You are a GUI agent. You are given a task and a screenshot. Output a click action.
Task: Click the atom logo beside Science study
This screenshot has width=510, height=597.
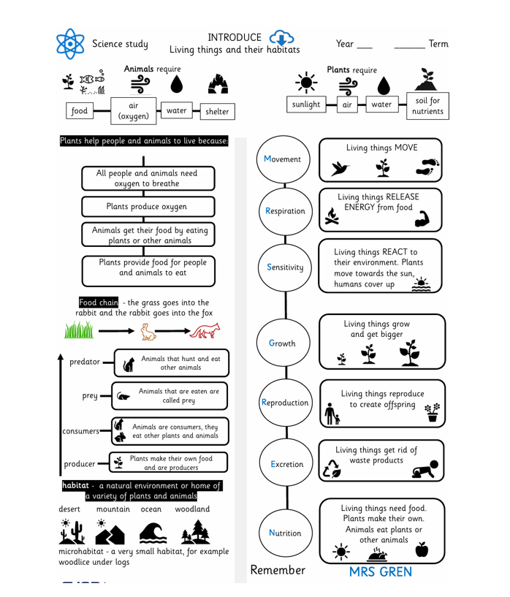[71, 44]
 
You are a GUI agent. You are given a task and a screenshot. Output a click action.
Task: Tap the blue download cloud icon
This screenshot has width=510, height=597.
[281, 38]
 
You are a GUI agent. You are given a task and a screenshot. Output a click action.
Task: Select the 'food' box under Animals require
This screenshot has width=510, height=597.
[79, 112]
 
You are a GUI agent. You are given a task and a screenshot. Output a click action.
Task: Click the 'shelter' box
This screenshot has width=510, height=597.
[217, 112]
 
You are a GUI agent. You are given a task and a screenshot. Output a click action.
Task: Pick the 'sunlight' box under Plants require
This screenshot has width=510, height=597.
[305, 104]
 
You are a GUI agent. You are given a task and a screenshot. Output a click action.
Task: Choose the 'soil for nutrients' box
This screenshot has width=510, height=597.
[427, 105]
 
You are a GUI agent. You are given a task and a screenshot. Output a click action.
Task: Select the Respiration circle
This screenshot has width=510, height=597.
[286, 211]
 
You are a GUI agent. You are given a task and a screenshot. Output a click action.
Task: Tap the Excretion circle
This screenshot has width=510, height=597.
[286, 464]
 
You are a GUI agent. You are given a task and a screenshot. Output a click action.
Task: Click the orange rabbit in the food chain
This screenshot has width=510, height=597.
[149, 333]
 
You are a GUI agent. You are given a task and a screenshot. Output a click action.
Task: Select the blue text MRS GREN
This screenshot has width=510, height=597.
[380, 571]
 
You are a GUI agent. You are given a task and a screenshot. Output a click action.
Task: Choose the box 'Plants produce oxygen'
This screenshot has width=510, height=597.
[148, 207]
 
